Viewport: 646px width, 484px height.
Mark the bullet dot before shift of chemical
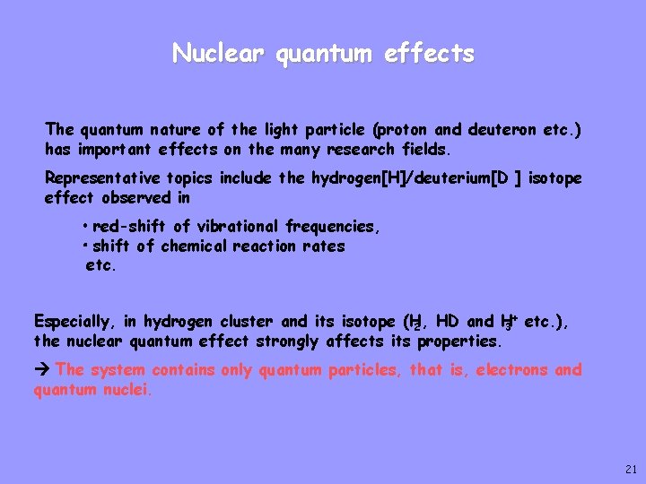tap(83, 246)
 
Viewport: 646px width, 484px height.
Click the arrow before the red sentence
tap(42, 369)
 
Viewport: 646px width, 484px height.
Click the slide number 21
tap(629, 470)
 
